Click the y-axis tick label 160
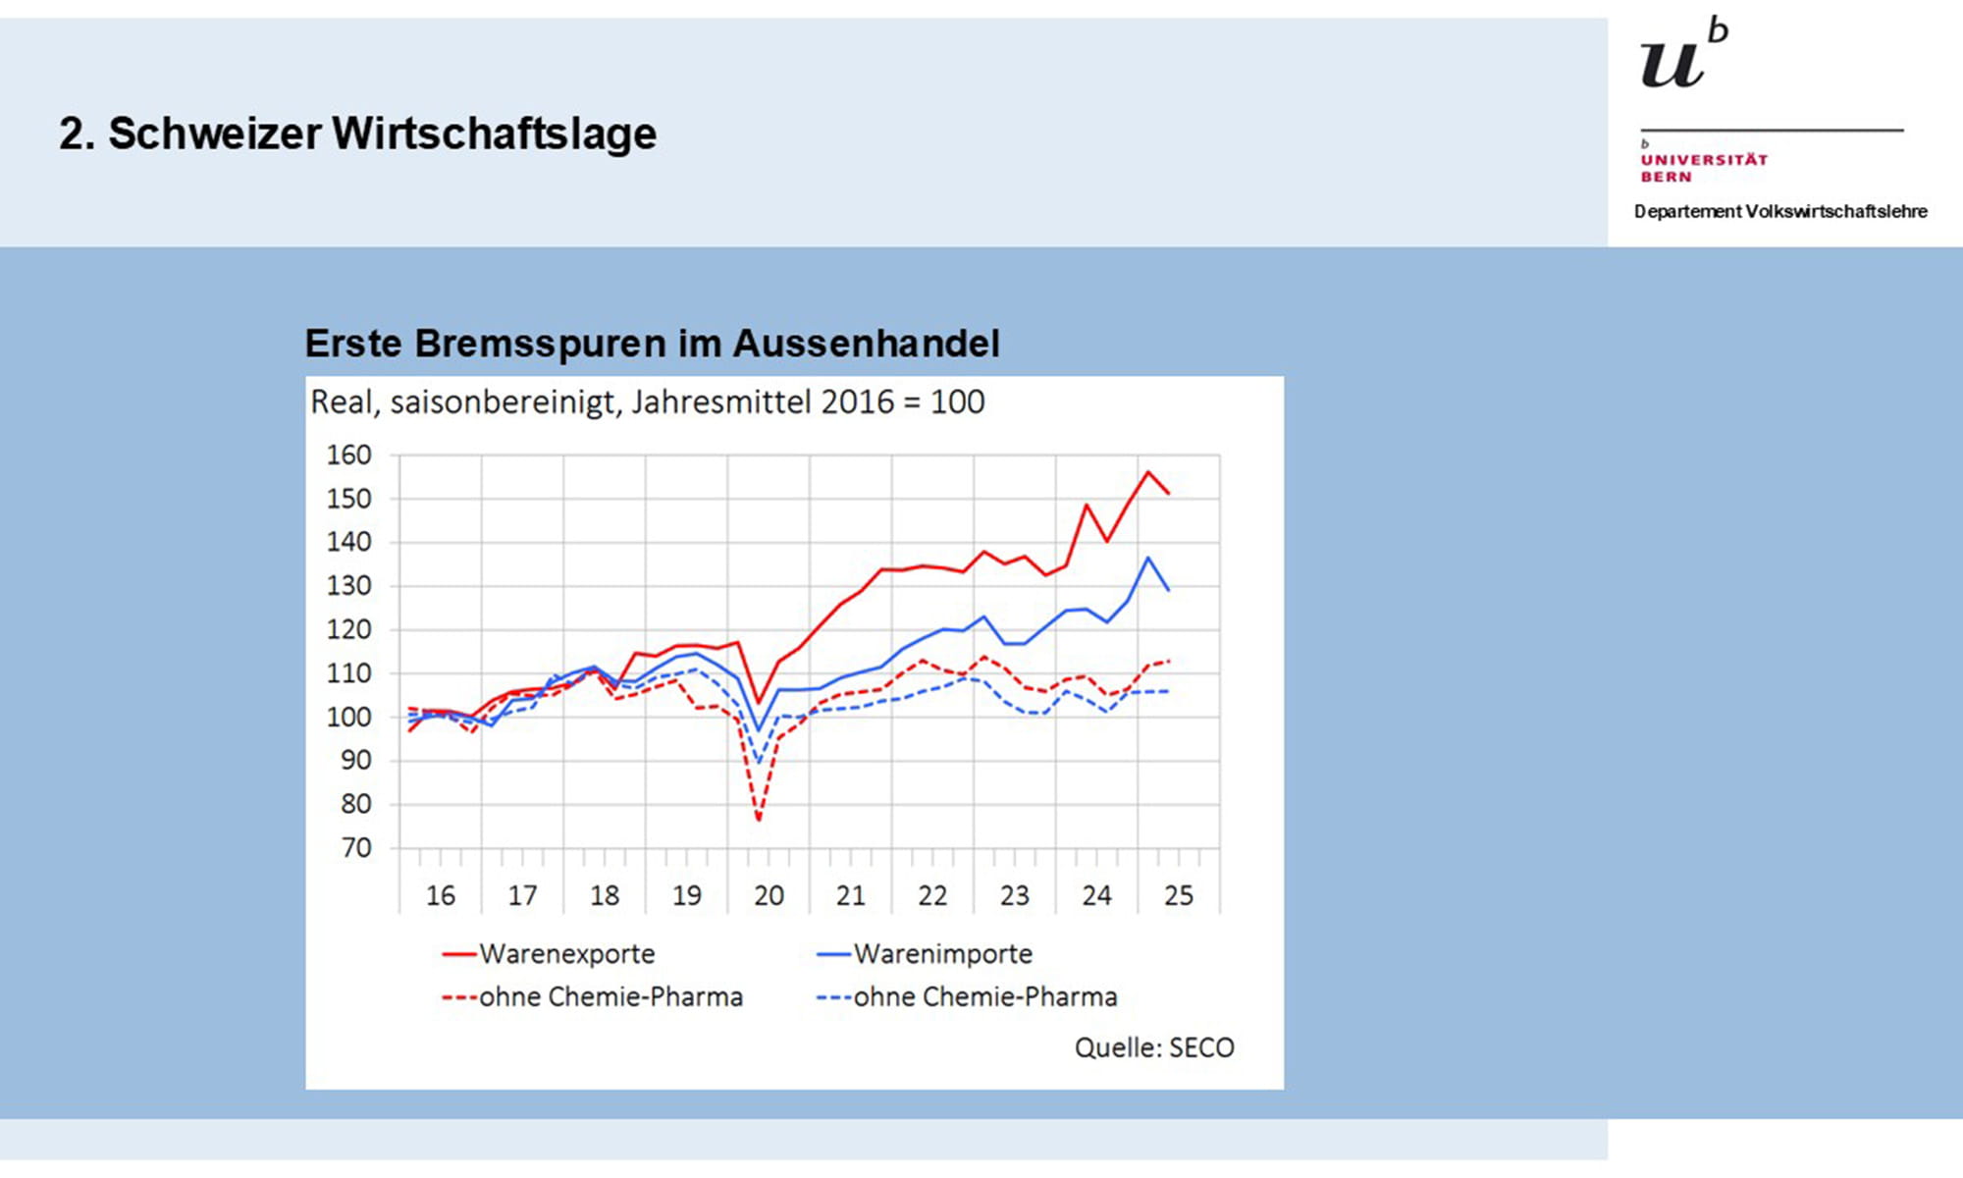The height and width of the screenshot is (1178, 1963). (349, 455)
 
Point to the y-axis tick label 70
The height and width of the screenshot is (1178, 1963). (356, 848)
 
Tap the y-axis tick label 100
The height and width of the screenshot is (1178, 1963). (349, 718)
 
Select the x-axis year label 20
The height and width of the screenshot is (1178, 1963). (769, 895)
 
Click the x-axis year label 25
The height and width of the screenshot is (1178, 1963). (1178, 895)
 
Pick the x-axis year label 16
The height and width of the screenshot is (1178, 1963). (440, 895)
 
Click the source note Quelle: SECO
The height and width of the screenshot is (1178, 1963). (1154, 1047)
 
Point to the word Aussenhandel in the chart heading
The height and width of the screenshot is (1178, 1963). (866, 344)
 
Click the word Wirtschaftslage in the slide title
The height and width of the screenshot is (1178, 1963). (494, 134)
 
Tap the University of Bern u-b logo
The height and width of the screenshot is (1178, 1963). (1682, 55)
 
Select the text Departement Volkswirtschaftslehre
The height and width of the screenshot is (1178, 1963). (1780, 211)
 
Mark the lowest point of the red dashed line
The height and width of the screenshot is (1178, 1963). (759, 819)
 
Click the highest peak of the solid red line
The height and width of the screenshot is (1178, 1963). (1147, 472)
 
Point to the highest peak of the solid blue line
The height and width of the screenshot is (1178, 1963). (1147, 558)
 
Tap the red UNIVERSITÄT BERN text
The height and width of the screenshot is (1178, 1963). (1704, 168)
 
